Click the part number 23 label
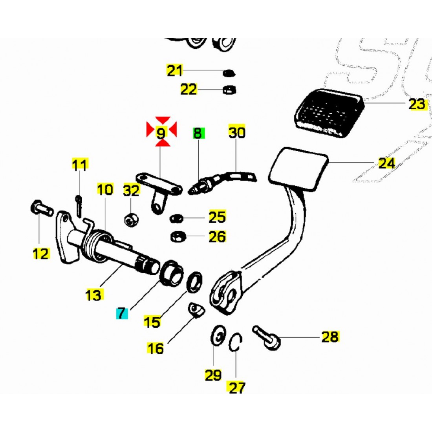tap(417, 104)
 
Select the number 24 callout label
tap(386, 163)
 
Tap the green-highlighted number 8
tap(198, 133)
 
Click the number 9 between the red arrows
tap(161, 133)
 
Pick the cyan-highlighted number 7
tap(121, 313)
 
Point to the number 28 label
tap(330, 337)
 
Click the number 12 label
tap(41, 254)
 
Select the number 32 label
tap(132, 191)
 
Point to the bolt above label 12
tap(40, 207)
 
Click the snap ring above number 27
tap(236, 341)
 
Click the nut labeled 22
tap(227, 90)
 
